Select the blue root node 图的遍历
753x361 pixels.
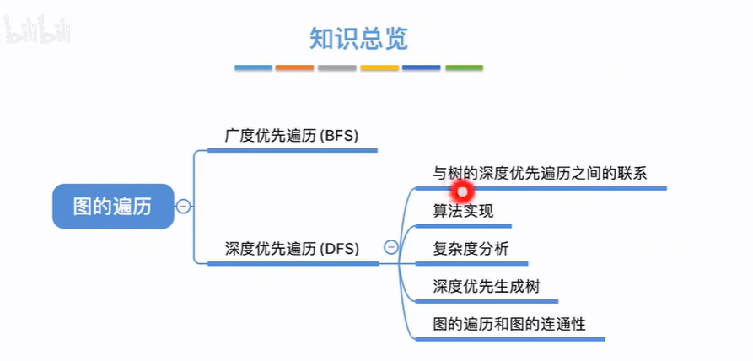(112, 207)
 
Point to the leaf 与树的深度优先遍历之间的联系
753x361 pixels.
(539, 173)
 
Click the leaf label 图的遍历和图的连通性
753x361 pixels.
(508, 323)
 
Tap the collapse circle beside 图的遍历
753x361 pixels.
(183, 207)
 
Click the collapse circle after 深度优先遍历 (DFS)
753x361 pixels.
(391, 247)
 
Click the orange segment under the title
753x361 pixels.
(294, 67)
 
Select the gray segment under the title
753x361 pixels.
(337, 67)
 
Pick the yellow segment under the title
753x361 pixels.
(379, 67)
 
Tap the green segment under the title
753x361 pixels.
(464, 67)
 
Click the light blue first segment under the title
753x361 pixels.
(253, 67)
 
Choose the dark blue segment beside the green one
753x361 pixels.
(422, 67)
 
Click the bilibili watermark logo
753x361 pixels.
(39, 30)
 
